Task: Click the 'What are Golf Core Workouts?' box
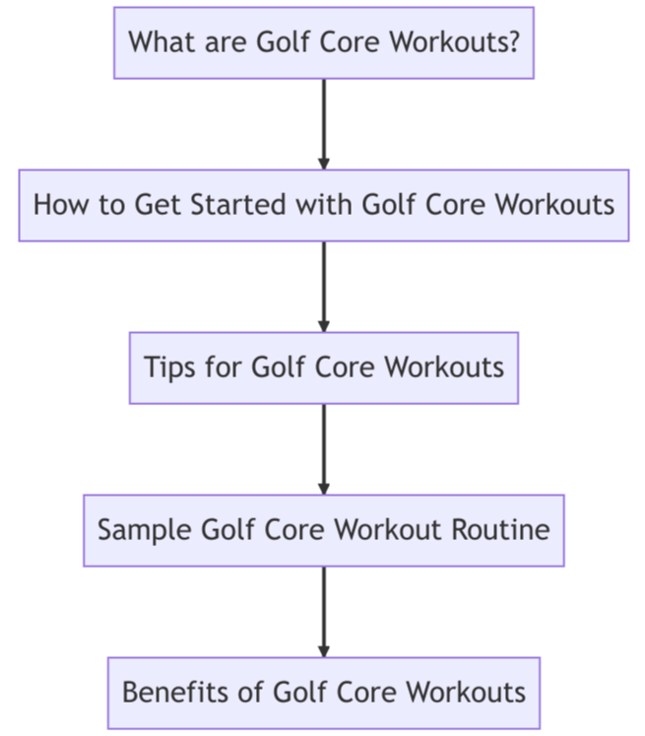pyautogui.click(x=324, y=42)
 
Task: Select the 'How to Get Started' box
pyautogui.click(x=324, y=206)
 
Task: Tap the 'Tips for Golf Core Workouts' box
pyautogui.click(x=324, y=368)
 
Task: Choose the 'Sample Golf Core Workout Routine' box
pyautogui.click(x=324, y=530)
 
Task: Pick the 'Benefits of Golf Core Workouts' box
pyautogui.click(x=324, y=693)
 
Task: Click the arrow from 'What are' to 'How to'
pyautogui.click(x=324, y=124)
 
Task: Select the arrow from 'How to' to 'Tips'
pyautogui.click(x=324, y=287)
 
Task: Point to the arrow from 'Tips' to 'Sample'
pyautogui.click(x=324, y=449)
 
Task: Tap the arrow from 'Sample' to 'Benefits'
pyautogui.click(x=324, y=612)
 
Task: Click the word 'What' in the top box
pyautogui.click(x=161, y=41)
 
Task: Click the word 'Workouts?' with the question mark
pyautogui.click(x=455, y=41)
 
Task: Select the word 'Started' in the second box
pyautogui.click(x=238, y=205)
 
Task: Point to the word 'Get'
pyautogui.click(x=158, y=205)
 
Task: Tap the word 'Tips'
pyautogui.click(x=169, y=368)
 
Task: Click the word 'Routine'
pyautogui.click(x=500, y=530)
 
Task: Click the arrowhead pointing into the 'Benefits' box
pyautogui.click(x=324, y=651)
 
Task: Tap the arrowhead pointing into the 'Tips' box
pyautogui.click(x=324, y=326)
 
